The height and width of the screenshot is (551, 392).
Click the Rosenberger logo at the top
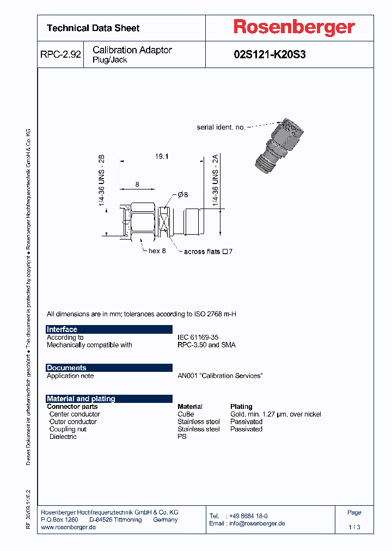coord(294,27)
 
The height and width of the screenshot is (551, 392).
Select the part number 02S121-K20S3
coord(269,54)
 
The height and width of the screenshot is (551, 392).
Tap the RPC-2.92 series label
coord(60,54)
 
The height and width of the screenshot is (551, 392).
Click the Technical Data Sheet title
coord(93,28)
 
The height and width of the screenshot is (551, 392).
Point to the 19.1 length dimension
coord(162,156)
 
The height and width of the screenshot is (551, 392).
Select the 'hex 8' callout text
coord(157,251)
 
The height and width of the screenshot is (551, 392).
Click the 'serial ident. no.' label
coord(221,127)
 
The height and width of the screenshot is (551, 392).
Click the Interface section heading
coord(62,329)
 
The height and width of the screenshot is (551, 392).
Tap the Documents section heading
coord(66,368)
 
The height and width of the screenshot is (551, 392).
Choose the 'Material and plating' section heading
coord(81,399)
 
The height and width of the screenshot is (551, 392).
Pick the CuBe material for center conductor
coord(186,414)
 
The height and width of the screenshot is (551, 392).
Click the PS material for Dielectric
coord(182,437)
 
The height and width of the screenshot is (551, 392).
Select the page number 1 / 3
coord(354,527)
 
